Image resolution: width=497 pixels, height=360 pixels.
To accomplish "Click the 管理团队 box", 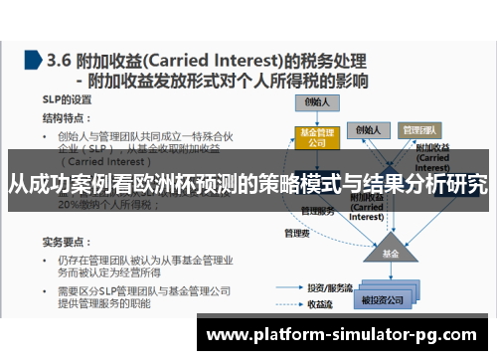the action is pyautogui.click(x=422, y=129).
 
